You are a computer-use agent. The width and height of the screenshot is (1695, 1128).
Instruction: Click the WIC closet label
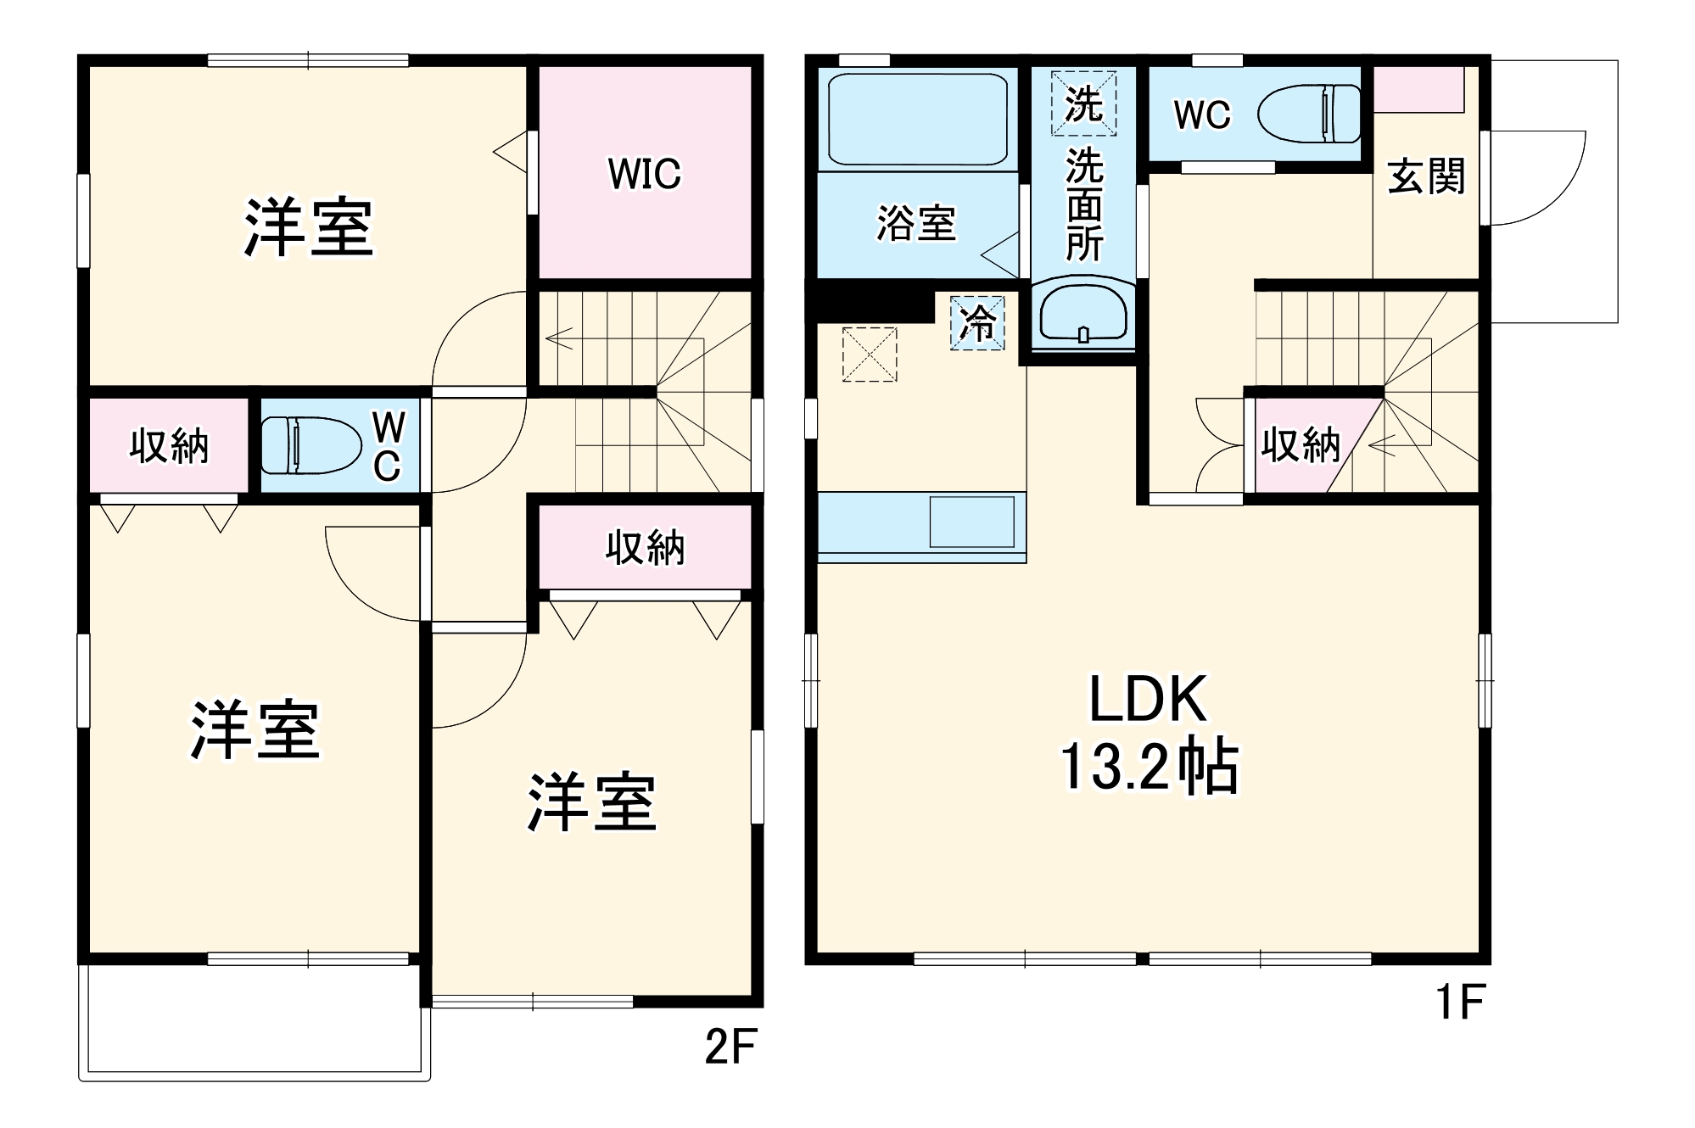click(x=644, y=174)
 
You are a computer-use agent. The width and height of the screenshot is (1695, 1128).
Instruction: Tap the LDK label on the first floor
click(x=1147, y=700)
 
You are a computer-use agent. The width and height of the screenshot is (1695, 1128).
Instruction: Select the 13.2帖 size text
click(x=1149, y=768)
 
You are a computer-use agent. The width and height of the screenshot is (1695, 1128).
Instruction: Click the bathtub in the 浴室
click(x=917, y=119)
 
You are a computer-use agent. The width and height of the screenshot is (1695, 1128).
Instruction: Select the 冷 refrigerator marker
click(x=977, y=322)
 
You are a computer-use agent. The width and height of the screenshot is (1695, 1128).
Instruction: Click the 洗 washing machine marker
click(x=1083, y=103)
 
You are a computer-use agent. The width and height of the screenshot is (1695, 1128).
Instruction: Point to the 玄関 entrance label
click(x=1426, y=177)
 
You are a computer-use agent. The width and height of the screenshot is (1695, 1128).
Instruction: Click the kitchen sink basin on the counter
click(x=971, y=522)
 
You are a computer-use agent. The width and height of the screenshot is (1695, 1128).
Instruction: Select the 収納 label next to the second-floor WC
click(x=169, y=445)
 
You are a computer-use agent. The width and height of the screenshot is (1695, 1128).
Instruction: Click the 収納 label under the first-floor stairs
click(x=1300, y=444)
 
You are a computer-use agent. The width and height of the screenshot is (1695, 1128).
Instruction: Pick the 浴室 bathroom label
click(x=916, y=224)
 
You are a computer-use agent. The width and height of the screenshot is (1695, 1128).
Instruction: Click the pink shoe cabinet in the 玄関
click(x=1418, y=89)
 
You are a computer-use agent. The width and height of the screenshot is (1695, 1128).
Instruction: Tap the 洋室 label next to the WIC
click(x=309, y=227)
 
